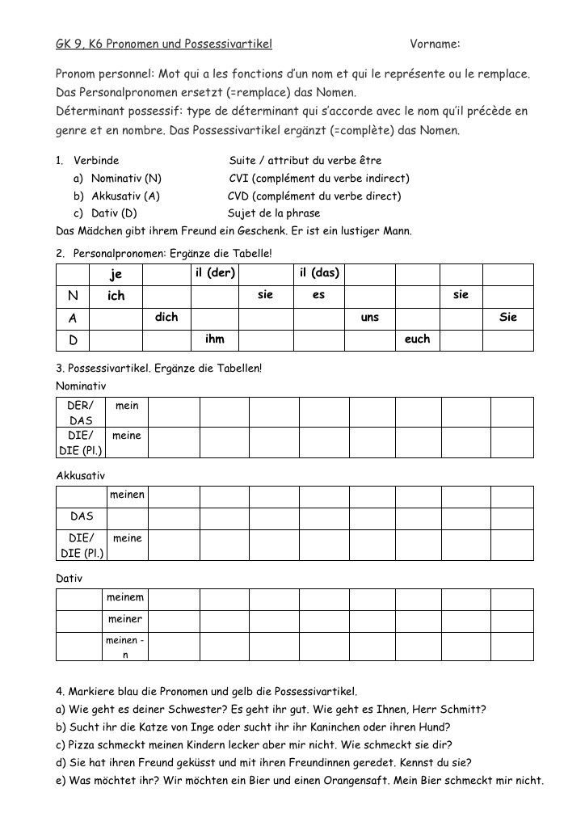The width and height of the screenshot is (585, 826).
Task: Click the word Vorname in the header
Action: tap(434, 44)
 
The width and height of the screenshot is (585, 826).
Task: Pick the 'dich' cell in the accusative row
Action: tap(166, 318)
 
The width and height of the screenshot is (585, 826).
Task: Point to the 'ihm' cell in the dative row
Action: tap(215, 339)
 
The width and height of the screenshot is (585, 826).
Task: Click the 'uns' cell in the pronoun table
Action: tap(370, 318)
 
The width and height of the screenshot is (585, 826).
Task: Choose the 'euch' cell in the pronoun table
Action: tap(417, 339)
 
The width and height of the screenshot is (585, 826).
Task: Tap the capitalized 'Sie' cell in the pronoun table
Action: tap(508, 318)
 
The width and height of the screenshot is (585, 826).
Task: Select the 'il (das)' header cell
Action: tap(319, 273)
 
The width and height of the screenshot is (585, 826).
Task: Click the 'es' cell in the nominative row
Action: tap(318, 296)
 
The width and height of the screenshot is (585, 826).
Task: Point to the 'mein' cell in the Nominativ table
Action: tap(127, 406)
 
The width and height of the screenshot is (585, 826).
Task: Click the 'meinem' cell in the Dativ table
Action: tap(126, 598)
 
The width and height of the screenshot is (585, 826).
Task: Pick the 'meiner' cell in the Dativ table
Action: tap(126, 620)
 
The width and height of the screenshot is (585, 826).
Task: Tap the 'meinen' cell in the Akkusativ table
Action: tap(127, 495)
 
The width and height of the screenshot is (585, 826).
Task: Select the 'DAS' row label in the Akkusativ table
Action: tap(82, 516)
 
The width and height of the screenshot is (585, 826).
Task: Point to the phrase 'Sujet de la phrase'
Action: tap(274, 213)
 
